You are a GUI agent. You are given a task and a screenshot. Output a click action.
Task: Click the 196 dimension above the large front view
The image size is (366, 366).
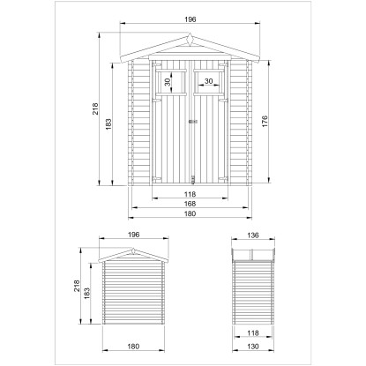190,19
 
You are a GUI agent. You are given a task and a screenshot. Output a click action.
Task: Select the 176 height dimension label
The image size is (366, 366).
265,122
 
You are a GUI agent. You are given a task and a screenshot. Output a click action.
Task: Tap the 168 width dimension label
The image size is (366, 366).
190,204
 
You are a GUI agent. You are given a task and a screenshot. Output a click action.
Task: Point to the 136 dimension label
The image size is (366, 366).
253,235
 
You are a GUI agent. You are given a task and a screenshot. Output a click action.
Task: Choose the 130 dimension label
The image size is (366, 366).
253,347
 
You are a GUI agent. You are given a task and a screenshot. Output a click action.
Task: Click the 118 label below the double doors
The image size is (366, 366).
190,194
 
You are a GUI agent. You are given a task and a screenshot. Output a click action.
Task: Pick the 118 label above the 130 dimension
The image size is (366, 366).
253,332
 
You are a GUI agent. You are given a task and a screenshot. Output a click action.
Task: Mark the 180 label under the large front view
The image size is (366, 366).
190,213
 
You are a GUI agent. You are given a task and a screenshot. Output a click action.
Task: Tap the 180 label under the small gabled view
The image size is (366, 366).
133,347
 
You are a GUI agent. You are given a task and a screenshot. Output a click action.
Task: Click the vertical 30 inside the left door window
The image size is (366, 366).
168,81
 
